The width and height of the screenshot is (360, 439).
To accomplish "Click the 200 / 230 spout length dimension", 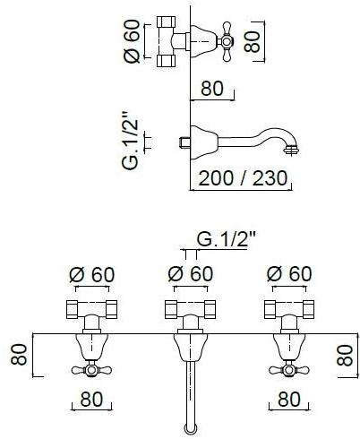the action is (x=243, y=178).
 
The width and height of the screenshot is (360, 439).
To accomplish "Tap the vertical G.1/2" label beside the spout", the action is (x=131, y=141).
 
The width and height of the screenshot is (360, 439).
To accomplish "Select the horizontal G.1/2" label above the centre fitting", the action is (x=227, y=239).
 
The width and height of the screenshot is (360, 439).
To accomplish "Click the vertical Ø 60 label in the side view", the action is (x=133, y=41).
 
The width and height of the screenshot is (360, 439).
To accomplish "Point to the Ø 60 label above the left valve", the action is (x=92, y=274).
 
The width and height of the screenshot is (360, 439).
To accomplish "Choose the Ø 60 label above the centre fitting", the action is (x=191, y=274).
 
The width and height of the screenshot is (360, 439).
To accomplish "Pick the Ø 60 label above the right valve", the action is (x=289, y=274).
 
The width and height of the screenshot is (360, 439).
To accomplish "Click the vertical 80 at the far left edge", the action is (x=19, y=354).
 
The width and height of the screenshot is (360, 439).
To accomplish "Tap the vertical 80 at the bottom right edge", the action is (x=345, y=355).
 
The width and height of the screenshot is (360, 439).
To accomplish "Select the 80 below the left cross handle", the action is (x=91, y=399).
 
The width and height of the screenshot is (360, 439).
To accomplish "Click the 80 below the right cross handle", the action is (x=289, y=399).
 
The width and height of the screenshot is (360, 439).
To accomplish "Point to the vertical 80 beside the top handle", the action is (x=253, y=41).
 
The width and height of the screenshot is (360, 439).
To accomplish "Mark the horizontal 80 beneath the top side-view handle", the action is (x=212, y=88).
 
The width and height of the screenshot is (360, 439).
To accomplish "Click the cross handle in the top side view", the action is (x=227, y=41).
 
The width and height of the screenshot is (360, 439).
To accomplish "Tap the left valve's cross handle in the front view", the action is (x=91, y=370).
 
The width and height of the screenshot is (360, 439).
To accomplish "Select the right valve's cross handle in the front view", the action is (x=288, y=370).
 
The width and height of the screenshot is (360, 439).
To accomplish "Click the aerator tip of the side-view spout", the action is (x=292, y=150).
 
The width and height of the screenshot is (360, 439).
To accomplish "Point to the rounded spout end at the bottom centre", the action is (x=190, y=430).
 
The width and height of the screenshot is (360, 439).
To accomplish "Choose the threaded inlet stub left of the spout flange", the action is (x=184, y=142).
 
